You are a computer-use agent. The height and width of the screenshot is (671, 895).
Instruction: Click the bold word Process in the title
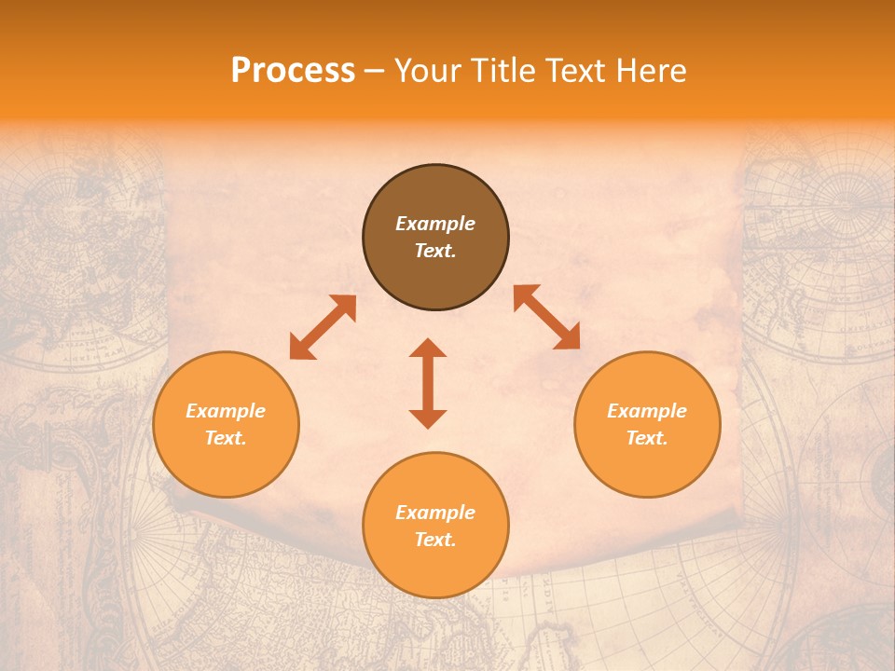293,71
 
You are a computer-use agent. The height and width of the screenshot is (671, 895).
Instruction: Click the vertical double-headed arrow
428,383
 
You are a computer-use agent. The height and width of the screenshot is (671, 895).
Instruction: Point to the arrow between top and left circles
323,327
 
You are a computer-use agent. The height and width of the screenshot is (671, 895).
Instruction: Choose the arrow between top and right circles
546,317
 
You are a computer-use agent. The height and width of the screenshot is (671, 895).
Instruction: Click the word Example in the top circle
435,224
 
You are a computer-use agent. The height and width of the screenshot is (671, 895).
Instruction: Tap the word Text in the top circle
435,251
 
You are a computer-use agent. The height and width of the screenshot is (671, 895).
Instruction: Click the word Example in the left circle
226,411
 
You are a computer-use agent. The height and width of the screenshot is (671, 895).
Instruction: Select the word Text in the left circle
226,438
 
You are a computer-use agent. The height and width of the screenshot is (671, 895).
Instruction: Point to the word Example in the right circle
647,411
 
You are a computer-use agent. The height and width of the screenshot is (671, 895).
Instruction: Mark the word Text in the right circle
647,438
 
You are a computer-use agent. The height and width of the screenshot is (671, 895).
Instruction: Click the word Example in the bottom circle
435,513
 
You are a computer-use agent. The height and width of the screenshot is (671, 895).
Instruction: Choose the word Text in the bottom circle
435,540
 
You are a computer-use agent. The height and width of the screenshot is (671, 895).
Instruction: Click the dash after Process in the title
375,72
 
